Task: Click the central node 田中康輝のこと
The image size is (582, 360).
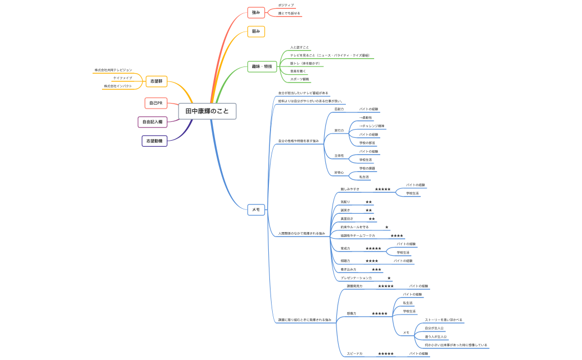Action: click(x=207, y=111)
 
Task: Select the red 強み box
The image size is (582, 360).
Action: click(x=256, y=12)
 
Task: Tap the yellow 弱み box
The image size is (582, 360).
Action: click(x=256, y=32)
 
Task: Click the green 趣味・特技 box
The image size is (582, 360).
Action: click(x=262, y=66)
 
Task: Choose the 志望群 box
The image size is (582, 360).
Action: click(x=156, y=81)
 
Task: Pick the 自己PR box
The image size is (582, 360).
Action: click(x=155, y=103)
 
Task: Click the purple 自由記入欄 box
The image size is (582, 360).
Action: click(x=152, y=122)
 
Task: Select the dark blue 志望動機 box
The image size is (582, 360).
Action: click(x=154, y=141)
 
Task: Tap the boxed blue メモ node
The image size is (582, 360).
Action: click(x=256, y=209)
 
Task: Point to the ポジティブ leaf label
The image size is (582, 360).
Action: click(x=286, y=5)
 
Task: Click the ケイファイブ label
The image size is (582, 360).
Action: click(x=122, y=78)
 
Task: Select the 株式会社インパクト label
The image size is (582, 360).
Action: click(x=118, y=86)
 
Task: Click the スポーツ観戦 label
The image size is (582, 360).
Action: click(x=299, y=79)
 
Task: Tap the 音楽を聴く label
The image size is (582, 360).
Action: click(x=298, y=71)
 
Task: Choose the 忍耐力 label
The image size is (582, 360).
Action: click(x=339, y=109)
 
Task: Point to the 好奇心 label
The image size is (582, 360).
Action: click(x=339, y=173)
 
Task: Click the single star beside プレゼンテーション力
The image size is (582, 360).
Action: click(x=389, y=278)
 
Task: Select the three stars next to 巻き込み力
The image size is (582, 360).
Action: click(x=376, y=270)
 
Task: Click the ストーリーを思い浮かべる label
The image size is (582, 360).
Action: click(x=443, y=320)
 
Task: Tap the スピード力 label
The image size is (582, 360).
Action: click(x=355, y=353)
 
